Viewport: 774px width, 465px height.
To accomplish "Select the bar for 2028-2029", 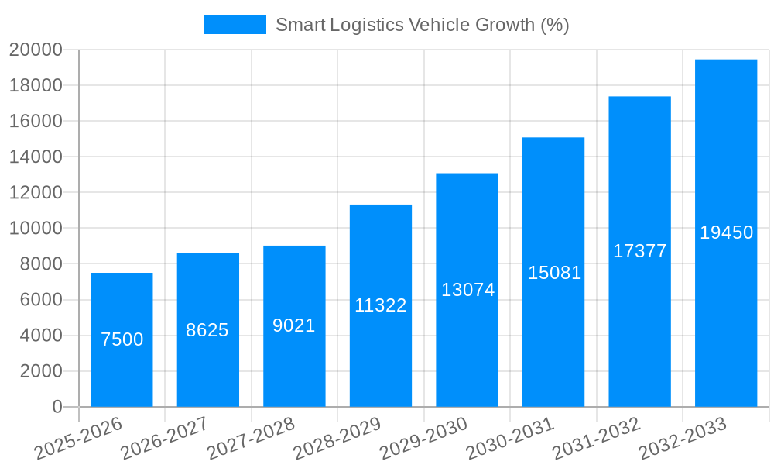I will [x=381, y=349].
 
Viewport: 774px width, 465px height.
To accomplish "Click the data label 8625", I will [x=207, y=330].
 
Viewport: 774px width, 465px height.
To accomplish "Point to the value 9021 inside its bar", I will [x=294, y=325].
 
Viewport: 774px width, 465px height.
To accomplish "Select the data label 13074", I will [x=467, y=290].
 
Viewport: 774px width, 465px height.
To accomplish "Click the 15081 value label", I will [x=554, y=273].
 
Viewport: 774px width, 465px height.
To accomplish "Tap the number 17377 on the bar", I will [x=640, y=251].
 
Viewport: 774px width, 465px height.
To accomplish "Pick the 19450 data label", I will [x=726, y=232].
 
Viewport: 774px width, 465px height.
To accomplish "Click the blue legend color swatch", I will [x=235, y=25].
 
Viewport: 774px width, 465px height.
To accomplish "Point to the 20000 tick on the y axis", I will [x=36, y=50].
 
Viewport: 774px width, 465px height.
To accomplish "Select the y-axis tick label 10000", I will [x=36, y=229].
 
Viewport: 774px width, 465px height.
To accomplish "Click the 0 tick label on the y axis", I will [x=57, y=407].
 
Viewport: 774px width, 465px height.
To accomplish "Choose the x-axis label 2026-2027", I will [x=164, y=438].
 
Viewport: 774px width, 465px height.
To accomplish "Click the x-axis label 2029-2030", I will [x=423, y=438].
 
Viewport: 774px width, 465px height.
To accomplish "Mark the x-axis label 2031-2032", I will [x=596, y=438].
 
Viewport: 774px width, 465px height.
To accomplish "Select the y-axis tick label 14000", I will [x=36, y=157].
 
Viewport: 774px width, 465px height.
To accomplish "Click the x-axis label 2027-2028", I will [x=251, y=438].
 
